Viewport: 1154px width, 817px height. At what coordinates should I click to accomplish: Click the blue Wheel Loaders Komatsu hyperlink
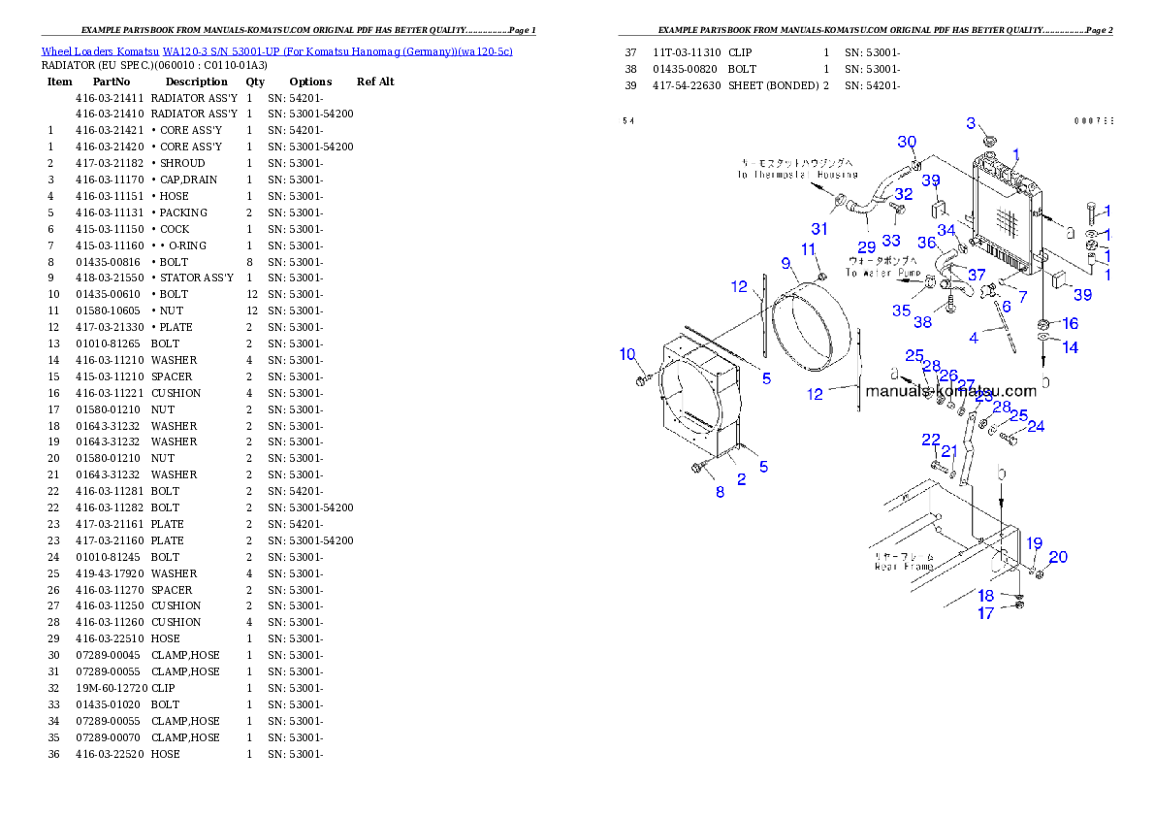point(276,51)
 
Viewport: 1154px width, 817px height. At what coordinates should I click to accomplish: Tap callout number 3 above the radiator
point(971,123)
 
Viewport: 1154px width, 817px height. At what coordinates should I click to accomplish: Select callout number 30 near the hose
point(907,142)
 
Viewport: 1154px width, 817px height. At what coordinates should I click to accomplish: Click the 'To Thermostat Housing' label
point(796,175)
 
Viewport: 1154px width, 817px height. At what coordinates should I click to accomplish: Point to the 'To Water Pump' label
point(883,274)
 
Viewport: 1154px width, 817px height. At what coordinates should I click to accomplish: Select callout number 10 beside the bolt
point(627,354)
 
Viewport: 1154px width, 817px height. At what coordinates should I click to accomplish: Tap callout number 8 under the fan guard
point(720,492)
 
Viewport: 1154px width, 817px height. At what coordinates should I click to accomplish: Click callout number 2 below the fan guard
point(741,479)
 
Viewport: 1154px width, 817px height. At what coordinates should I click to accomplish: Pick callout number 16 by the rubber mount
point(1070,323)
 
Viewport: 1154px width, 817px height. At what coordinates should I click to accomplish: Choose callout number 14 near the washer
point(1070,346)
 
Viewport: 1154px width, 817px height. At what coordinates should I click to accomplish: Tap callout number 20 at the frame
point(1058,557)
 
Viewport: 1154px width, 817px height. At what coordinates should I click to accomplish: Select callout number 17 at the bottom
point(985,613)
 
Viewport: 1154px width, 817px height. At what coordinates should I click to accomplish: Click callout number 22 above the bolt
point(931,440)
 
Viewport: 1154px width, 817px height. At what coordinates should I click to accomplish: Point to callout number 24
point(1036,426)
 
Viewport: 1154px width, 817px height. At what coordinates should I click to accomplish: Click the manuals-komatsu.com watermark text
point(950,391)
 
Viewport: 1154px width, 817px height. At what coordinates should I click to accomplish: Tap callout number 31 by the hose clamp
point(820,229)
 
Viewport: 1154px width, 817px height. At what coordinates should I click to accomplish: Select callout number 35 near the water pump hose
point(902,310)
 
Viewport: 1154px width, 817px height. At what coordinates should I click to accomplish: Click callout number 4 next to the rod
point(974,338)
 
